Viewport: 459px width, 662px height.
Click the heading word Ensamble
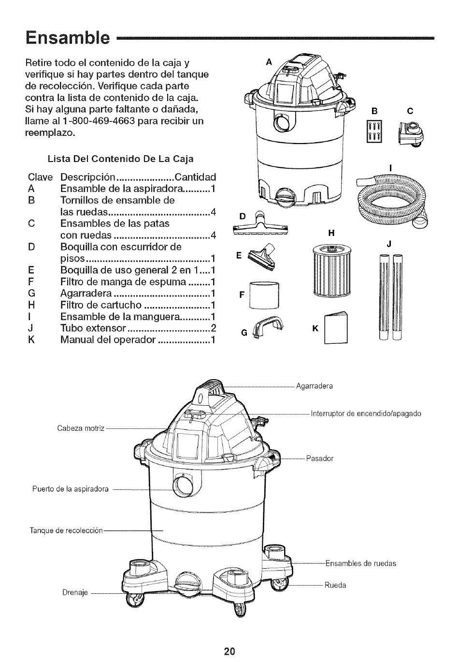click(x=67, y=37)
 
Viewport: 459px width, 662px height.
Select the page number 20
click(x=229, y=650)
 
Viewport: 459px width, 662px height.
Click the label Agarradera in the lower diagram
click(x=315, y=386)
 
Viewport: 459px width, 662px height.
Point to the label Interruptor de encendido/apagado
click(x=366, y=413)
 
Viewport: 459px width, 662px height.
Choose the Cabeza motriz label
click(x=81, y=428)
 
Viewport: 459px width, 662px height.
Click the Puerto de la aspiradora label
click(x=70, y=489)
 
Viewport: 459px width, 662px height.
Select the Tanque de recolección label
click(x=67, y=530)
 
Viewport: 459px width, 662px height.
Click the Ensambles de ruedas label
click(x=360, y=563)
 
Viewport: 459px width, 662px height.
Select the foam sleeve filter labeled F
click(x=264, y=294)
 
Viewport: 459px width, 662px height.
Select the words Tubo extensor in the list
click(x=93, y=328)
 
